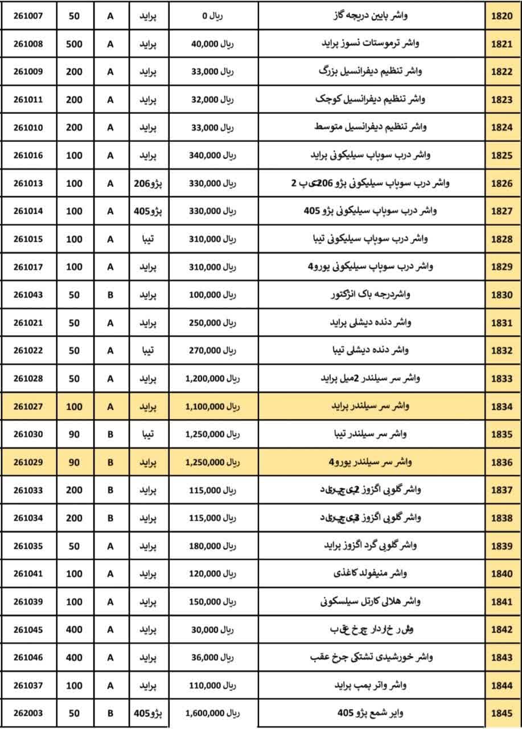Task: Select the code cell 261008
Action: [28, 44]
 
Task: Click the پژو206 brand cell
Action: [147, 183]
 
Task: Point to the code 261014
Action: [28, 211]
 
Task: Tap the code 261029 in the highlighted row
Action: [28, 462]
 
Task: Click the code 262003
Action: [28, 713]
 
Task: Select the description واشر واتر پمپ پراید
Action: [370, 685]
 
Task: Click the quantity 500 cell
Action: [74, 44]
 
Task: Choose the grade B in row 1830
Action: [110, 295]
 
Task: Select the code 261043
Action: [28, 295]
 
